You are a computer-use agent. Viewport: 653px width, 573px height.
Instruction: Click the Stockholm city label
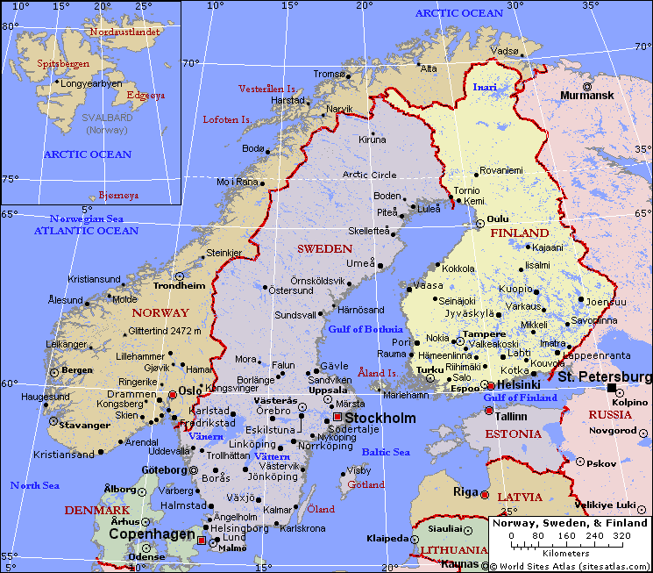(380, 418)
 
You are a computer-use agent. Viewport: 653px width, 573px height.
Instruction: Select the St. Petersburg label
(605, 377)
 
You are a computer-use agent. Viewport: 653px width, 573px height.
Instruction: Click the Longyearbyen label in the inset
(92, 84)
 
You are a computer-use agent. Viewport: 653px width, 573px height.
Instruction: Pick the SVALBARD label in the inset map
(107, 117)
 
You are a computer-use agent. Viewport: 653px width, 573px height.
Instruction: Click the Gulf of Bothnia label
(359, 329)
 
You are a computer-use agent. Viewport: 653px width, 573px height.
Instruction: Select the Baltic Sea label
(386, 452)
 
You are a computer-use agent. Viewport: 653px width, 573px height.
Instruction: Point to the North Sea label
(35, 485)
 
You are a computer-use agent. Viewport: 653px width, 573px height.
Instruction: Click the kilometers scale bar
(569, 543)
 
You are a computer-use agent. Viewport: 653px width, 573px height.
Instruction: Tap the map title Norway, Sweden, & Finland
(569, 523)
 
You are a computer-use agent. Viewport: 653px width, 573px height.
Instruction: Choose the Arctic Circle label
(369, 175)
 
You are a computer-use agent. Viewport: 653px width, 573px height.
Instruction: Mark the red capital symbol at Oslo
(173, 396)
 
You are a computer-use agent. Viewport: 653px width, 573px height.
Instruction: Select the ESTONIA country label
(513, 433)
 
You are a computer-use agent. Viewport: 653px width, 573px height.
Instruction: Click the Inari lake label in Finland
(485, 87)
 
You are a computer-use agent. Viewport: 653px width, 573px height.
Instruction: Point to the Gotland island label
(366, 484)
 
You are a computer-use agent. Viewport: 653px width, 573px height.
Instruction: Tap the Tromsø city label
(330, 74)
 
